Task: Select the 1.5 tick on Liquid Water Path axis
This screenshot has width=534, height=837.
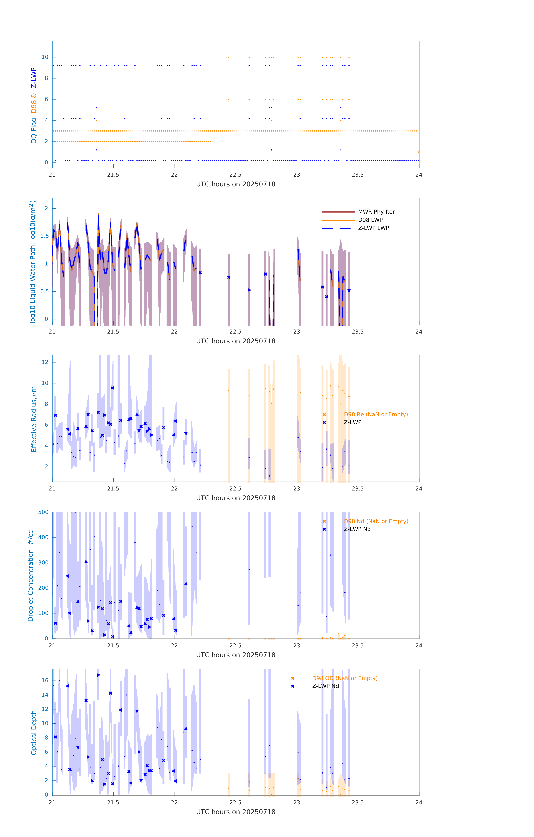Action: tap(45, 236)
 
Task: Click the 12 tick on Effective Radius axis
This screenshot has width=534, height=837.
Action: tap(45, 362)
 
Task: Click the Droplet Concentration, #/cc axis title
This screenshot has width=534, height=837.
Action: tap(31, 576)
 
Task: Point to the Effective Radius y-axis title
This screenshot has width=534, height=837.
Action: tap(34, 419)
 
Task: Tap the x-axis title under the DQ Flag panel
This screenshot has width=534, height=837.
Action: tap(236, 184)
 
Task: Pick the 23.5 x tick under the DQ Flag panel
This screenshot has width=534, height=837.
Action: tap(358, 175)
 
